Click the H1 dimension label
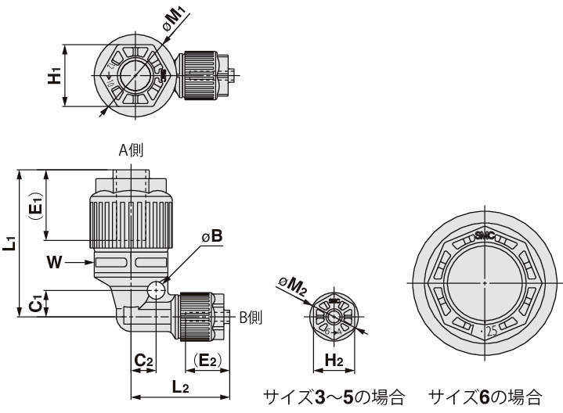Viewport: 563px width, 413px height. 54,77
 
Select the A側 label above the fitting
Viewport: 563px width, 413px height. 131,150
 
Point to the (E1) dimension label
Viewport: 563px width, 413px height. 34,207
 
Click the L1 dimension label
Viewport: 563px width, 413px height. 9,244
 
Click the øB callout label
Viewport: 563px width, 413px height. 211,235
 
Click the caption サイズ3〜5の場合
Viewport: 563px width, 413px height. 333,397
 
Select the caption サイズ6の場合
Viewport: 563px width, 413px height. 492,397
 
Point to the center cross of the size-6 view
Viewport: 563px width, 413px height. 485,282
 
